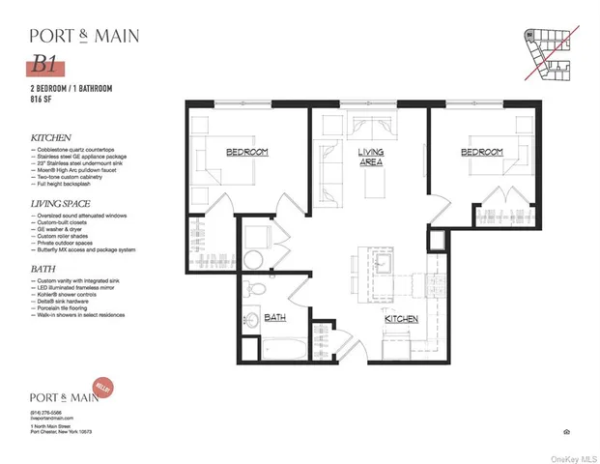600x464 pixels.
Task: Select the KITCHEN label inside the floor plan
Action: click(x=400, y=318)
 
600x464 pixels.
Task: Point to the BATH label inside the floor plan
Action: click(x=275, y=316)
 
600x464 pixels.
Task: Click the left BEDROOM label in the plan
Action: click(x=246, y=153)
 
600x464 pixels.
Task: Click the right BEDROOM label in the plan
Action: click(x=480, y=153)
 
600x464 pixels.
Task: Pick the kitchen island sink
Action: click(x=380, y=263)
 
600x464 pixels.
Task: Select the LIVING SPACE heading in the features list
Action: click(x=61, y=204)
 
